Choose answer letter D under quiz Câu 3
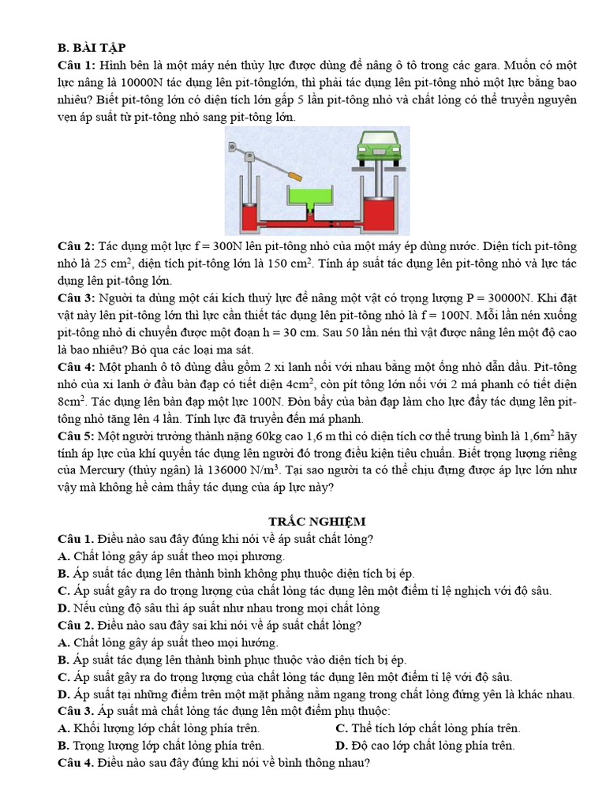pyautogui.click(x=341, y=746)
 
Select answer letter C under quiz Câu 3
pyautogui.click(x=341, y=728)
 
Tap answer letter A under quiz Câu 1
pyautogui.click(x=63, y=556)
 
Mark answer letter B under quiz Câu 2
pyautogui.click(x=63, y=660)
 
